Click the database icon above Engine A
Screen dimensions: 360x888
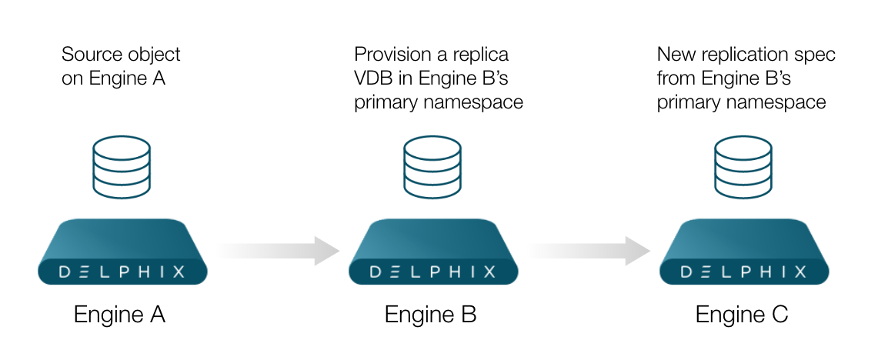[x=121, y=165]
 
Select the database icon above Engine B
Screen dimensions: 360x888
[x=432, y=165]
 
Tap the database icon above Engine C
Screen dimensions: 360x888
[x=743, y=165]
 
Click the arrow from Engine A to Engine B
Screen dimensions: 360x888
[x=277, y=250]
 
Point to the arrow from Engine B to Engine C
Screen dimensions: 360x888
[x=589, y=250]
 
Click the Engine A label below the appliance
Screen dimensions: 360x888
[x=119, y=315]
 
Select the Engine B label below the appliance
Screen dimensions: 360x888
[x=430, y=315]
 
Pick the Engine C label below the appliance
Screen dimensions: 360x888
[x=742, y=315]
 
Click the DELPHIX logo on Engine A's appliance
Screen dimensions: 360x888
[x=122, y=271]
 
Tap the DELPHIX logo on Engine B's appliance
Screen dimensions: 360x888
[x=432, y=271]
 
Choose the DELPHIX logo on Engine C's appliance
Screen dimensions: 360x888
[x=744, y=271]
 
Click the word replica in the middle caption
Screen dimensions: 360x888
[x=481, y=55]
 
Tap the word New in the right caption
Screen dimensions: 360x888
[x=675, y=55]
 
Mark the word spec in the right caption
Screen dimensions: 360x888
[x=817, y=55]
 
